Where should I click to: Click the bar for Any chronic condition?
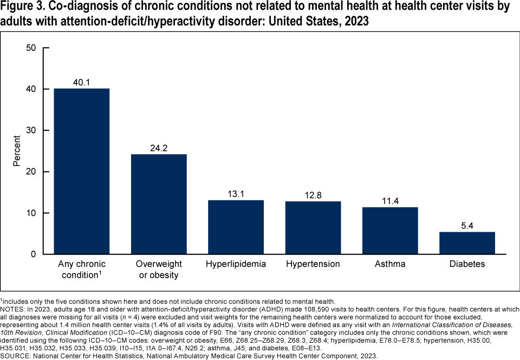point(82,171)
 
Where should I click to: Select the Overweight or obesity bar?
point(159,204)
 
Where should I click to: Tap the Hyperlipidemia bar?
point(236,227)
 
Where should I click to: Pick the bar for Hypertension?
point(313,227)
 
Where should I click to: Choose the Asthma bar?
point(390,231)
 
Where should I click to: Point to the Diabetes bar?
point(467,243)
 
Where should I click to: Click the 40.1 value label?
point(82,82)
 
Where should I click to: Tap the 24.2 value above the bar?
point(159,148)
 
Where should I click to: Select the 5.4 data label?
point(467,226)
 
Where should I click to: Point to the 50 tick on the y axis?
point(31,48)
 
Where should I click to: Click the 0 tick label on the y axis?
point(34,254)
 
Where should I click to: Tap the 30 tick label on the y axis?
point(31,130)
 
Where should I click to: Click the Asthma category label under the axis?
point(390,264)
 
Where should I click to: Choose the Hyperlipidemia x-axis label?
point(236,264)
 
